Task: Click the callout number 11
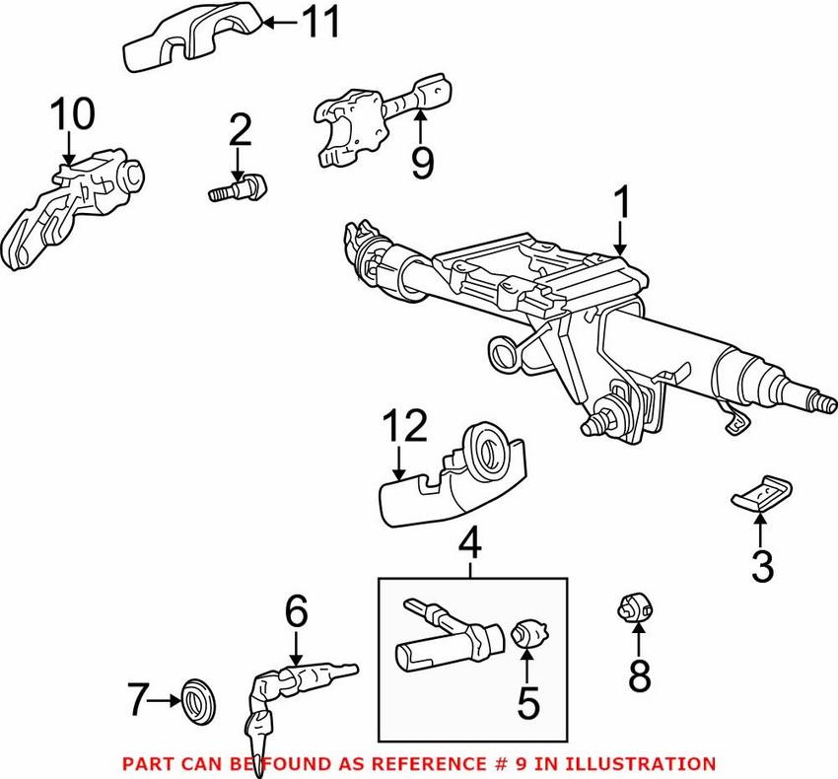click(320, 22)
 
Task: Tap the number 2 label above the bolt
click(240, 130)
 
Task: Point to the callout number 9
click(422, 163)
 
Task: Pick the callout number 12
click(405, 426)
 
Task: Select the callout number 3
click(763, 567)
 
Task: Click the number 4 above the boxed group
click(470, 541)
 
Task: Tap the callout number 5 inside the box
click(528, 702)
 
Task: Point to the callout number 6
click(297, 611)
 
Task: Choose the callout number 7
click(138, 699)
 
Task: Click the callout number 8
click(639, 675)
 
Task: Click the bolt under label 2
click(238, 188)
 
